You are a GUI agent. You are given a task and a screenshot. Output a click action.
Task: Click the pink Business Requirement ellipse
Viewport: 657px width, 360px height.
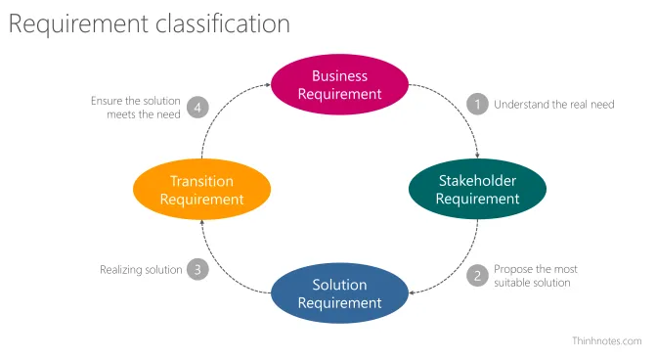coord(339,85)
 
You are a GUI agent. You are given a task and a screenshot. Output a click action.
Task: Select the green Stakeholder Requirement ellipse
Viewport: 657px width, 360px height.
coord(477,189)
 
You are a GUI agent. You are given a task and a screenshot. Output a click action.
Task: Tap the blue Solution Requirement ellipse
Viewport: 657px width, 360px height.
coord(339,293)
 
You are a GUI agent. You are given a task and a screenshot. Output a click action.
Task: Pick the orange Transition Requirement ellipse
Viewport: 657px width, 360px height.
coord(201,190)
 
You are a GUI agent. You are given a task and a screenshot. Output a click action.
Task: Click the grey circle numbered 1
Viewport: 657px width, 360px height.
coord(477,104)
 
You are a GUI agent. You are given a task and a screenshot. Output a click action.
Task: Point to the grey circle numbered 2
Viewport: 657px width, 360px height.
coord(477,276)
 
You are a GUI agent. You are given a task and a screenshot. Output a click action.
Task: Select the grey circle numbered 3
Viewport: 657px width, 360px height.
coord(198,269)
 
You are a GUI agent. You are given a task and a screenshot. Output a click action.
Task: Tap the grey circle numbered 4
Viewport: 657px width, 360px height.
coord(198,107)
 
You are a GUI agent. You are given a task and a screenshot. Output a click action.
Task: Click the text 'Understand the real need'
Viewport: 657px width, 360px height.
coord(553,104)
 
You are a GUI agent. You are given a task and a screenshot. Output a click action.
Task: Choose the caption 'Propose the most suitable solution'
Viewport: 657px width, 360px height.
coord(536,276)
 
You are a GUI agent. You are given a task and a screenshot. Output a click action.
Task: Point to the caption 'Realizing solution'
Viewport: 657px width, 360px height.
coord(141,269)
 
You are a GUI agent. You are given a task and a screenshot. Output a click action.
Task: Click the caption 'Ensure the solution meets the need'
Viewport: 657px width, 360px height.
coord(136,107)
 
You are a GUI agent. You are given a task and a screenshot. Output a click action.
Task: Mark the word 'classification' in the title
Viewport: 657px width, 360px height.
coord(222,24)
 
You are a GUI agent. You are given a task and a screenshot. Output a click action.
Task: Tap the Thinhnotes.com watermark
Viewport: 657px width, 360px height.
coord(606,341)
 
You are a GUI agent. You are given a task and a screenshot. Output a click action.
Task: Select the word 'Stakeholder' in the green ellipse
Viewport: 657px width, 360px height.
coord(477,180)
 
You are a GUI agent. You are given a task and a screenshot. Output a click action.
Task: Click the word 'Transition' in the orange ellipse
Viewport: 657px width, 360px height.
coord(201,181)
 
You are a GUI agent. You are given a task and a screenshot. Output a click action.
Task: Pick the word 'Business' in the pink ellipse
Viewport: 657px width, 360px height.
coord(339,75)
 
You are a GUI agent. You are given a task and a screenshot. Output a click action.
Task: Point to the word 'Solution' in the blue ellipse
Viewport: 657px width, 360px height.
coord(339,285)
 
